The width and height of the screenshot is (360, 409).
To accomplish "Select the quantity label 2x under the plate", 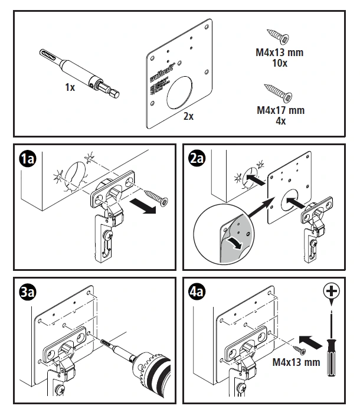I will [x=188, y=116].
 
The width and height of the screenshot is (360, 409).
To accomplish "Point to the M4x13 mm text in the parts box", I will [x=280, y=53].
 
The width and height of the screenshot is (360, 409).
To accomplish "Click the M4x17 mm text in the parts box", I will [x=280, y=110].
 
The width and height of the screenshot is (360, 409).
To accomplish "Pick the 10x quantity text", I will [x=280, y=63].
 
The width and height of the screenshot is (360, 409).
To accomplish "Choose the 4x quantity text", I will [x=280, y=120].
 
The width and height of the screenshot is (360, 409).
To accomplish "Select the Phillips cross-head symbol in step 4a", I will [x=333, y=291].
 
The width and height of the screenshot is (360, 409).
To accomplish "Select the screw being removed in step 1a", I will [x=155, y=196].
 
